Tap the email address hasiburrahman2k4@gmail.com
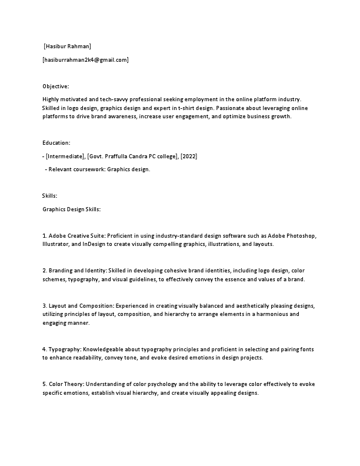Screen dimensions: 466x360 pyautogui.click(x=85, y=60)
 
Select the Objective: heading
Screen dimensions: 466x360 pyautogui.click(x=55, y=86)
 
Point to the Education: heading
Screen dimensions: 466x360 pyautogui.click(x=56, y=143)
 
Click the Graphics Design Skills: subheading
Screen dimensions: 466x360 pyautogui.click(x=72, y=209)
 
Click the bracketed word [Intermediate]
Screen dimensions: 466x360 pyautogui.click(x=65, y=156)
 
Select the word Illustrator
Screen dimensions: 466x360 pyautogui.click(x=55, y=243)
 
